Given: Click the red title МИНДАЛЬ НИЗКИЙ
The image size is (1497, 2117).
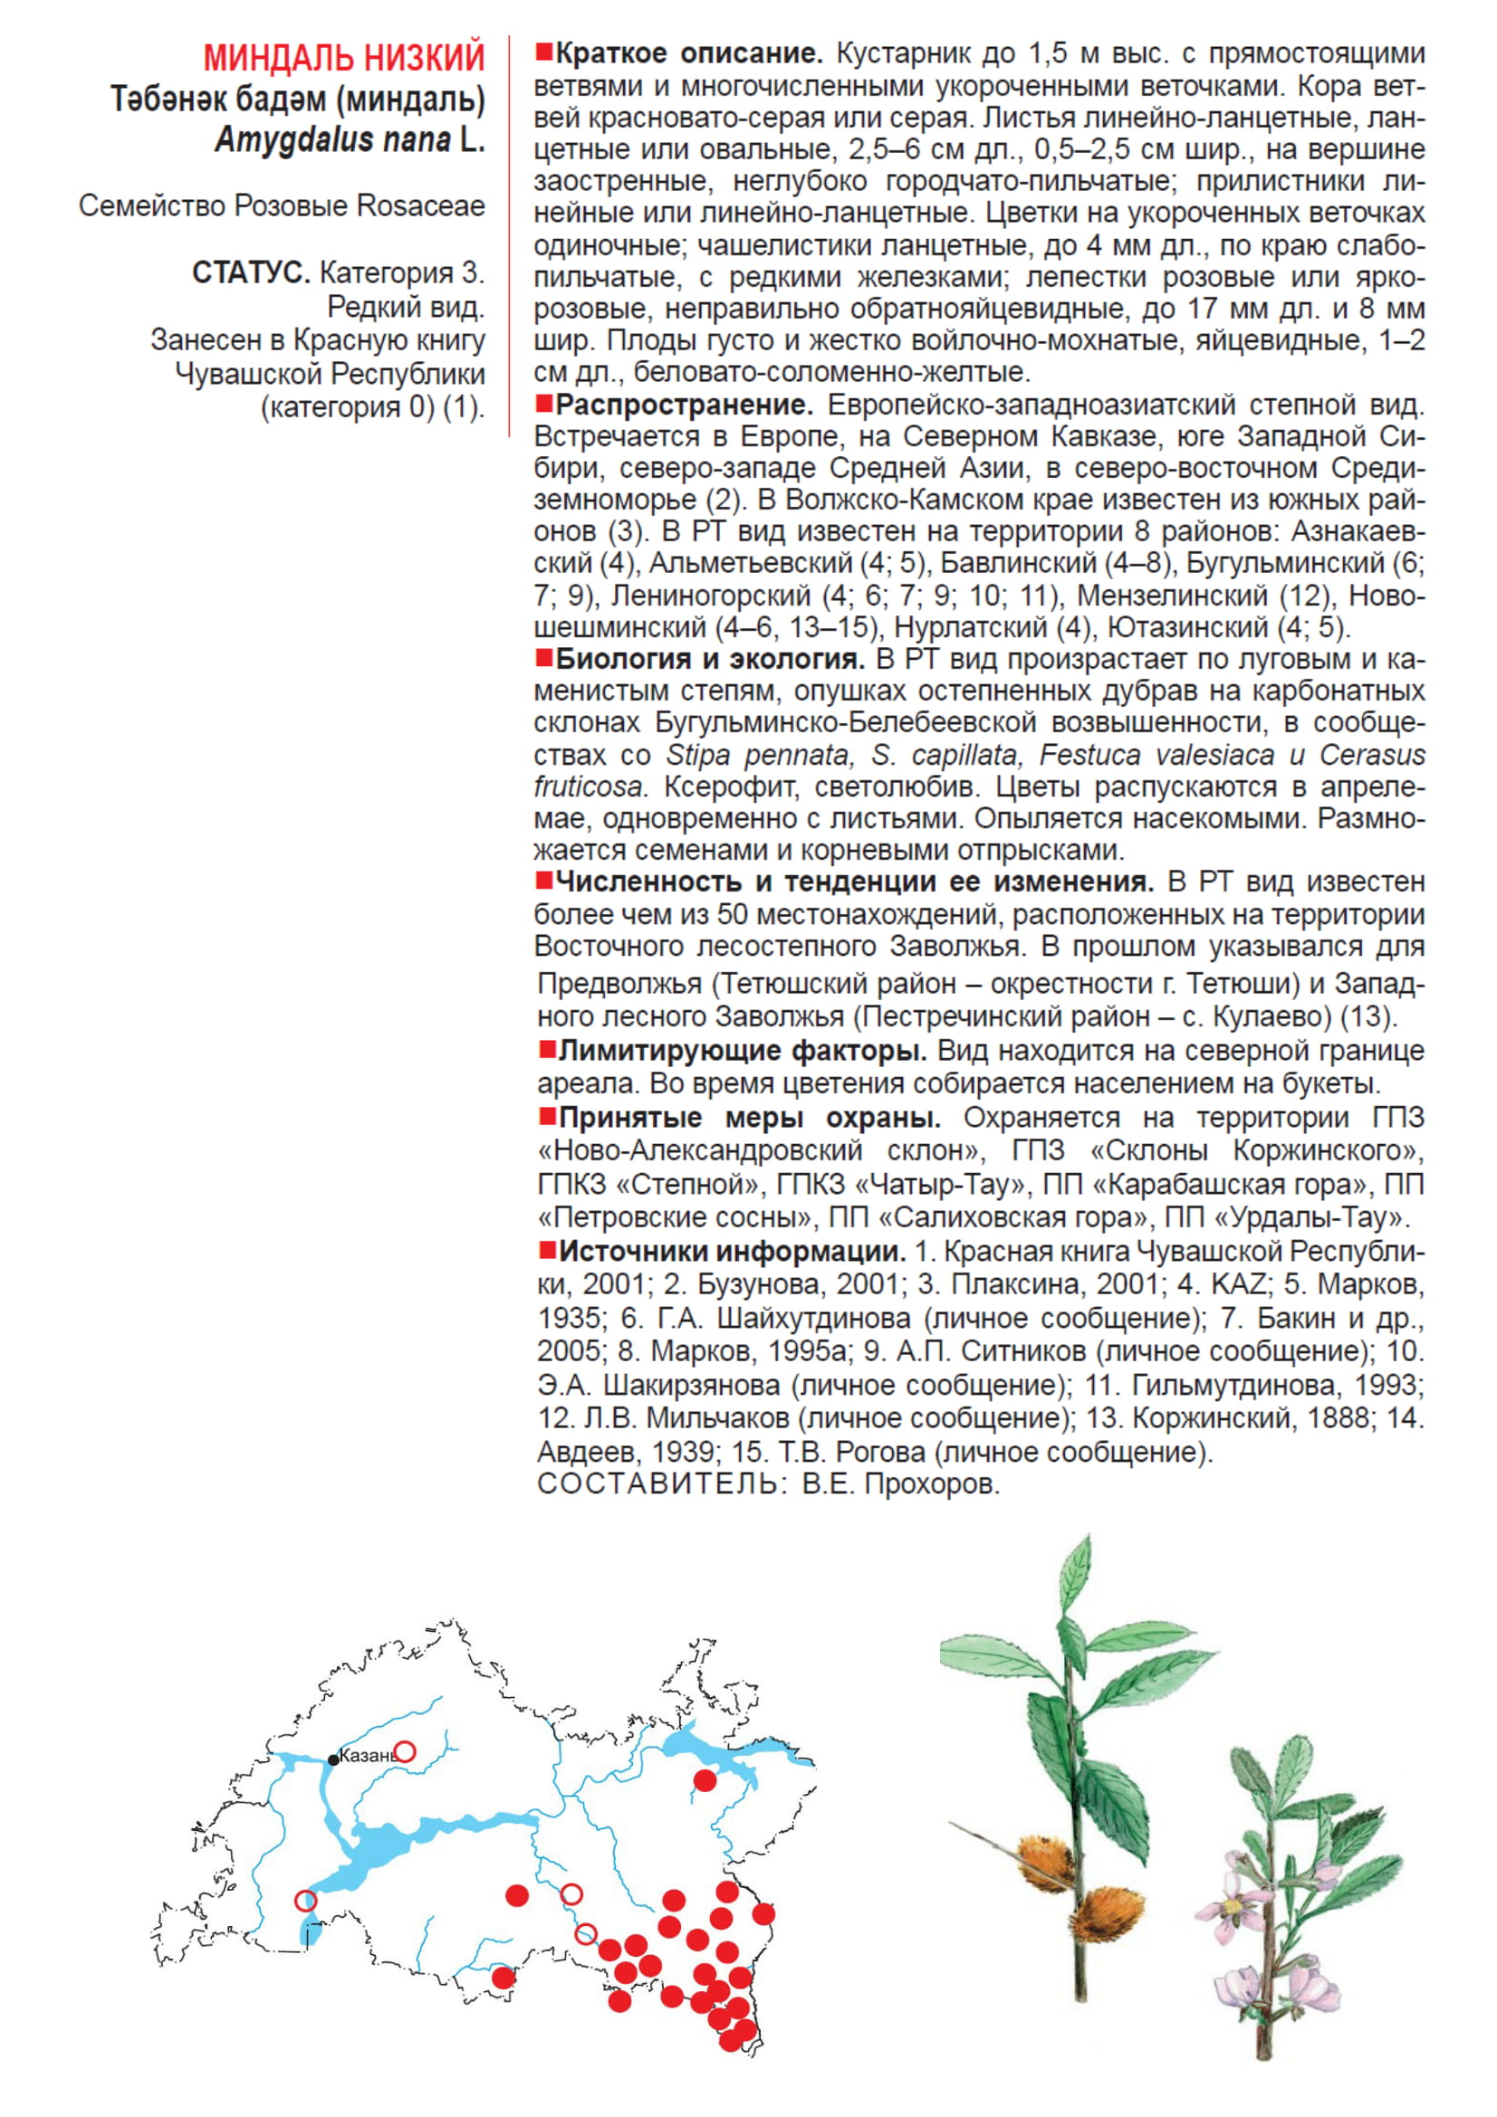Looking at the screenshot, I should click(x=344, y=58).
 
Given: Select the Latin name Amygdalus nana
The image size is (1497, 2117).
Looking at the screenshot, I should click(x=332, y=140).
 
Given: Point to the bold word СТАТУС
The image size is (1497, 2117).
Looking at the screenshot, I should click(x=251, y=273).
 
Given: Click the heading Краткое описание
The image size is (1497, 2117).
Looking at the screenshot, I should click(x=689, y=53).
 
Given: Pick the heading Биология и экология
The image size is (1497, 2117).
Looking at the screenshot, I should click(x=709, y=659).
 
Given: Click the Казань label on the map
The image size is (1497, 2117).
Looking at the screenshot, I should click(x=367, y=1756).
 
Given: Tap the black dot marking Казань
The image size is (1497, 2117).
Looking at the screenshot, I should click(x=334, y=1760).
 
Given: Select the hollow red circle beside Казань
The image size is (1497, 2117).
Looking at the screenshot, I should click(x=405, y=1752).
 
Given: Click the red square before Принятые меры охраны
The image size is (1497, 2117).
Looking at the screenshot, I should click(x=546, y=1117).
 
